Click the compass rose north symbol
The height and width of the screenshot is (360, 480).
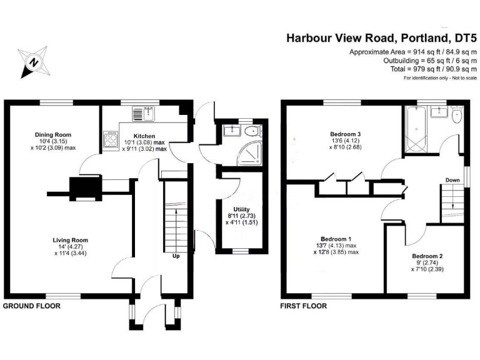(x=34, y=62)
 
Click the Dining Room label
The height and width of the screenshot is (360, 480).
(x=53, y=134)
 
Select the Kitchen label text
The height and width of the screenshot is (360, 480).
(x=144, y=136)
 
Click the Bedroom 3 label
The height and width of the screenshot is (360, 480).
(x=346, y=134)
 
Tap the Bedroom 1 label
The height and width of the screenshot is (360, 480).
(x=336, y=239)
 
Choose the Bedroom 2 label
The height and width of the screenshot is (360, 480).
(x=427, y=256)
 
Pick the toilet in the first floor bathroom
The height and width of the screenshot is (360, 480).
(x=456, y=116)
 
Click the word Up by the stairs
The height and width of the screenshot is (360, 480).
(x=177, y=255)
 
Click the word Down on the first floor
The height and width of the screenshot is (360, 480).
(x=453, y=181)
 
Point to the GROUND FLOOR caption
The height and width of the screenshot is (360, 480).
(x=32, y=306)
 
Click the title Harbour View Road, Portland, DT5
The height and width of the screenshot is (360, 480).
(x=381, y=37)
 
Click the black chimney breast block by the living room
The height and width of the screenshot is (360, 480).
(x=84, y=186)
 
